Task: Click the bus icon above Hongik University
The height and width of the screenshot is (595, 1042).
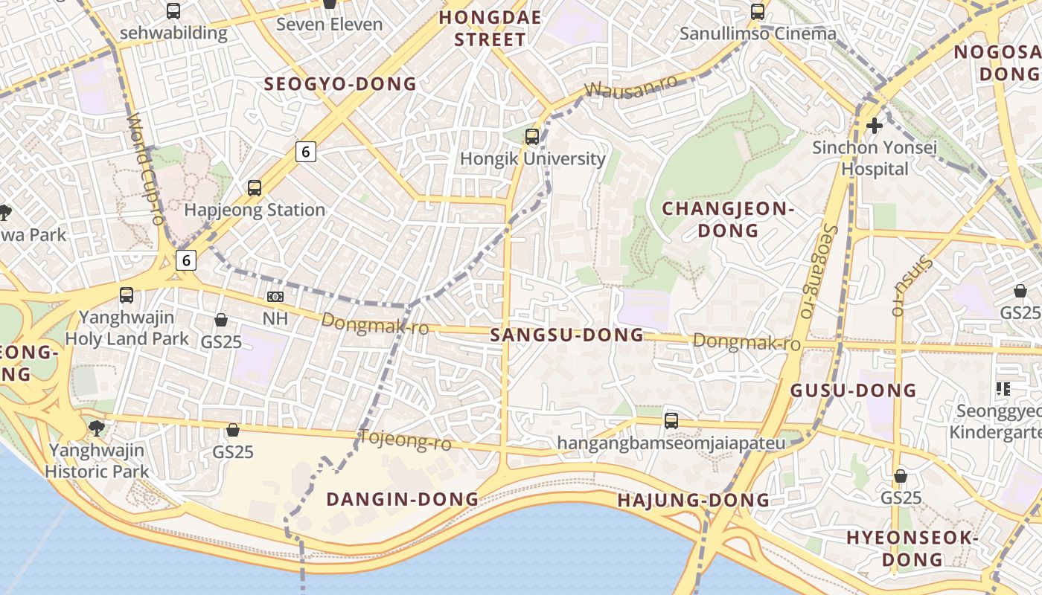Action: (531, 137)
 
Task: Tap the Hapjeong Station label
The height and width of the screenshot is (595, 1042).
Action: (255, 210)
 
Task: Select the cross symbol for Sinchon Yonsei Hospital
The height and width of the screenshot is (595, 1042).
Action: (875, 126)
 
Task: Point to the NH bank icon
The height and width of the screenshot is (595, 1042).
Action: (275, 297)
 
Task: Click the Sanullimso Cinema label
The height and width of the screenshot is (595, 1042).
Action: (758, 33)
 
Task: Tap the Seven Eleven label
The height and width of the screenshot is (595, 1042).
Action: (329, 24)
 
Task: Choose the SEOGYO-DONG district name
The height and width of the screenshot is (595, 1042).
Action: (340, 84)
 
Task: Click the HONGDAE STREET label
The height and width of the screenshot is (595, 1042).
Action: (490, 28)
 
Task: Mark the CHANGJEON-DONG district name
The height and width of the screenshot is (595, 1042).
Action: (728, 219)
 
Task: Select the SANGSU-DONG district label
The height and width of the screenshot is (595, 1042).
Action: (566, 335)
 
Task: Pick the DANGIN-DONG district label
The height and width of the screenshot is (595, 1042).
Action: (402, 499)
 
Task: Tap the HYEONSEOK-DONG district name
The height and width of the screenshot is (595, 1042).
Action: (912, 547)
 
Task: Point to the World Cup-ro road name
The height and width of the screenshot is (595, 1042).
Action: (145, 168)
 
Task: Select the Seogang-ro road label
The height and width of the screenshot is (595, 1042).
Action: (817, 271)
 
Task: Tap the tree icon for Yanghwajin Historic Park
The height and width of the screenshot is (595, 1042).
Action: (96, 428)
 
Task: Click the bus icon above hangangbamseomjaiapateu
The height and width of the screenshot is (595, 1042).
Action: (671, 421)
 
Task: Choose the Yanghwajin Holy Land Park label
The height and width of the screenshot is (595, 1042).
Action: (127, 328)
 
